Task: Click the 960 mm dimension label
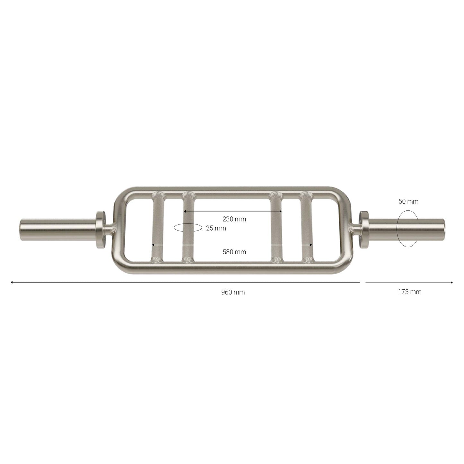(233, 292)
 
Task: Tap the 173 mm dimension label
(410, 292)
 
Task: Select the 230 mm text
(234, 219)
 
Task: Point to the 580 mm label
(234, 252)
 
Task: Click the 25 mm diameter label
(216, 228)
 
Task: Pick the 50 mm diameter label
(408, 201)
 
